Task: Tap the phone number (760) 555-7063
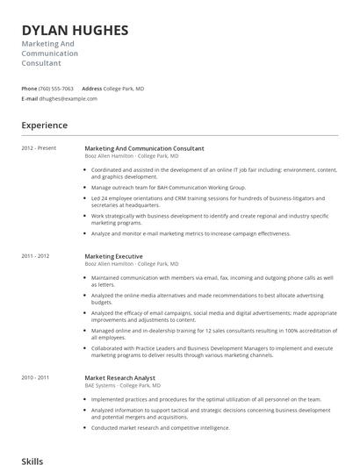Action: [57, 89]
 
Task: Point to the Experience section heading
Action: [45, 125]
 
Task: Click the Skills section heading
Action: [32, 460]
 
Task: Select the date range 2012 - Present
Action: [38, 148]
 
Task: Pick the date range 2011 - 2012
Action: [36, 255]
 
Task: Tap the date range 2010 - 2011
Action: [36, 377]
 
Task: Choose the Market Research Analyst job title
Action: [121, 377]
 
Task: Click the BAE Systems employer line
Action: [122, 385]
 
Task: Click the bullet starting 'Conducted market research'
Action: [161, 427]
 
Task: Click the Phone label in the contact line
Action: [29, 89]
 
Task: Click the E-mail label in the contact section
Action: [30, 98]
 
